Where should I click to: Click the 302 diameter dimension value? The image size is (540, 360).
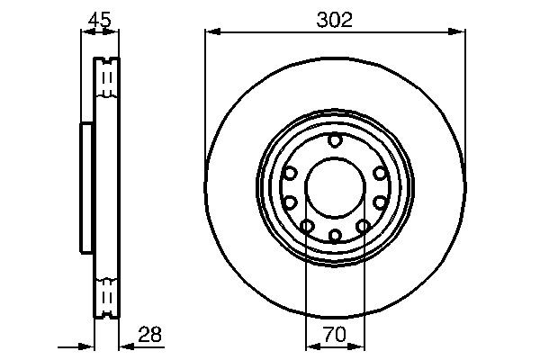pos(335,18)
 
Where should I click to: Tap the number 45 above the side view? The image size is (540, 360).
pos(99,18)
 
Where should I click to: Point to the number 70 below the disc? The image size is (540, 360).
pos(335,335)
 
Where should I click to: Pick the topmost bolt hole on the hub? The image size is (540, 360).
pos(335,139)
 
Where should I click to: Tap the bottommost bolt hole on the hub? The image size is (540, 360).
pos(335,236)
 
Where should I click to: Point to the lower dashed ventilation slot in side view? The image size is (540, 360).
pos(106,295)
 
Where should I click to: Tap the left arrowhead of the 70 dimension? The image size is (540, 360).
pos(311,346)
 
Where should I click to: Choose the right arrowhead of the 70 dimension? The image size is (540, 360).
pos(359,346)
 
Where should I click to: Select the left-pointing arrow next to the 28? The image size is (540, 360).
pos(124,346)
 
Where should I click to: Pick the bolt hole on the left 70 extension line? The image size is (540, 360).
pos(307,226)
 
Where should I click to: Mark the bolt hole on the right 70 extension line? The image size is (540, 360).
pos(364,226)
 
